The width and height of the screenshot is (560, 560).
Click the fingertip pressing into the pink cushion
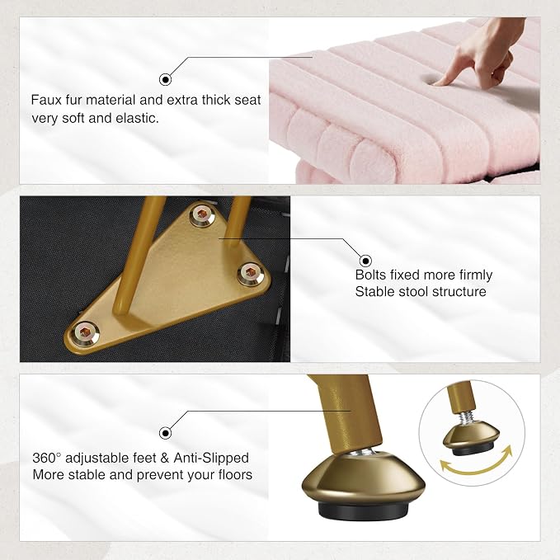[x=439, y=82]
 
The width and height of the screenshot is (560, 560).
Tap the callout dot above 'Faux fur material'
[x=165, y=79]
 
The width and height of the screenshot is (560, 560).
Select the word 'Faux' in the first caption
[x=46, y=100]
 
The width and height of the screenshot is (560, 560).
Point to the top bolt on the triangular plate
[x=202, y=214]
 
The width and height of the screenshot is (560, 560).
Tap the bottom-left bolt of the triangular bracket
[x=85, y=333]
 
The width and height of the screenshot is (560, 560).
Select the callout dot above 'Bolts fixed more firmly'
[x=365, y=261]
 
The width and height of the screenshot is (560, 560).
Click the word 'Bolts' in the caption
[x=370, y=275]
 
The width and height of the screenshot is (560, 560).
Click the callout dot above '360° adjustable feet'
[x=165, y=433]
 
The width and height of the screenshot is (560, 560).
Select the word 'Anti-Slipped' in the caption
[x=211, y=458]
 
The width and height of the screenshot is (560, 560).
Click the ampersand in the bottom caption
[x=164, y=458]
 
